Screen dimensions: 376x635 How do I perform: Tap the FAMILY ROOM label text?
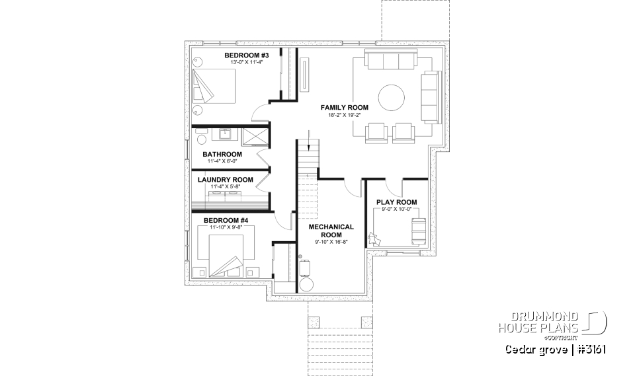click(x=345, y=107)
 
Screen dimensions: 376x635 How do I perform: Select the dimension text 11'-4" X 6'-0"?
click(x=222, y=161)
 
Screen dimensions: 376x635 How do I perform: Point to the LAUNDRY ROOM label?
click(x=225, y=179)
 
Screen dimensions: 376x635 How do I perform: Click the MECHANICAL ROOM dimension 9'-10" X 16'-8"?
click(x=331, y=243)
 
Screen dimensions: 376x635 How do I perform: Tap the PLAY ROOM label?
click(x=396, y=202)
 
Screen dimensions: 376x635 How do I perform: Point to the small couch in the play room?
click(x=418, y=231)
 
